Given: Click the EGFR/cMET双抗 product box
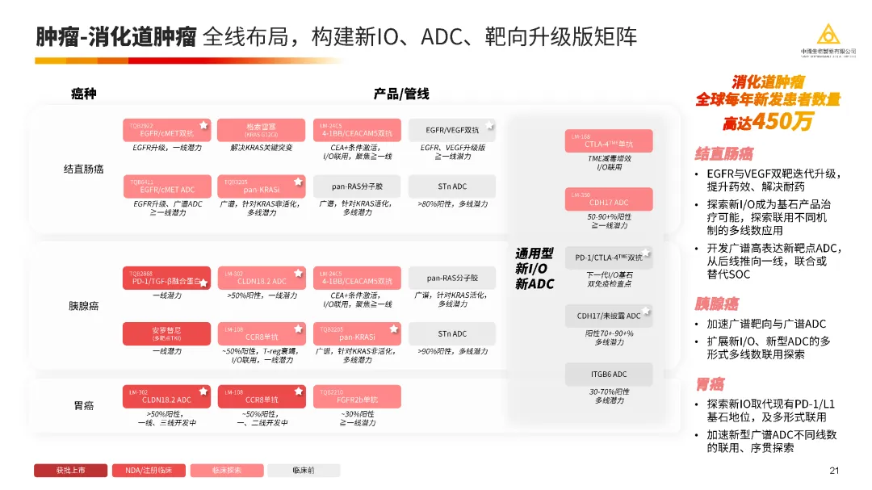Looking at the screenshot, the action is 166,130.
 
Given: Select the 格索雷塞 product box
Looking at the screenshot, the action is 261,130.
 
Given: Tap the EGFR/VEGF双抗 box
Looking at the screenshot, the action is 452,130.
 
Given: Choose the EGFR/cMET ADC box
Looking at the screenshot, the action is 166,186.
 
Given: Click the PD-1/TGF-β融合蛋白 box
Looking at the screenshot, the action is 166,278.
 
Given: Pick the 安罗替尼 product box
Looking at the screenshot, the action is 166,333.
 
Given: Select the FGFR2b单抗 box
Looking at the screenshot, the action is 356,396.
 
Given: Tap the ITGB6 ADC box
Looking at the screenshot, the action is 608,374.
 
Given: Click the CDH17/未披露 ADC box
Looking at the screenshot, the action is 608,316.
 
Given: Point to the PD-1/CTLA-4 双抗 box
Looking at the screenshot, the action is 608,258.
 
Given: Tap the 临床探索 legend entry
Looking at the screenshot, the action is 227,470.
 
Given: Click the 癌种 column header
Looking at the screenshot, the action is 84,94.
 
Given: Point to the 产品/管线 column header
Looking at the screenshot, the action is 401,94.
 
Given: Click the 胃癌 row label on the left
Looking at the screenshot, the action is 84,406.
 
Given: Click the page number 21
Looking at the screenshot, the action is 834,471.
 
